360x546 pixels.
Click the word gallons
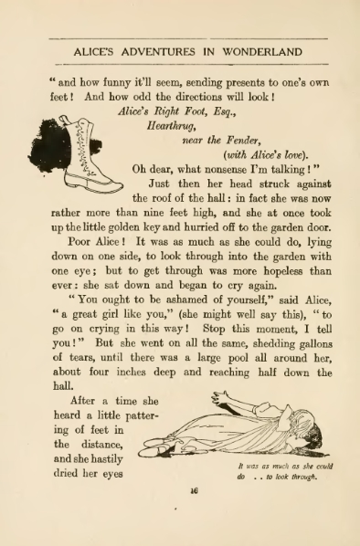306,356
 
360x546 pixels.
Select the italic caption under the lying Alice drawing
282,471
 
